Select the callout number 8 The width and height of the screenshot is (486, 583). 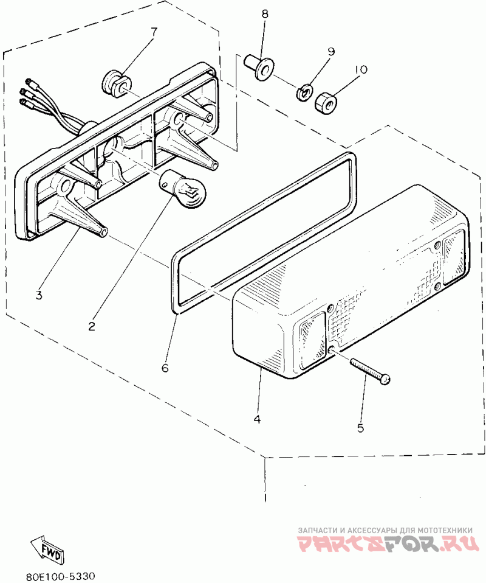264,13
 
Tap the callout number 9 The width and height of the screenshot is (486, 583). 331,52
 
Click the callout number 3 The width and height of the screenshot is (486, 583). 38,296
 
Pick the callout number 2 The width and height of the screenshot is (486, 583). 92,326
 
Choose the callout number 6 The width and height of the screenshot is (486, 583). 165,368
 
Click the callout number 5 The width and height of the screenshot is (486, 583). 360,428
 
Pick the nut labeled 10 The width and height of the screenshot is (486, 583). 324,103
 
